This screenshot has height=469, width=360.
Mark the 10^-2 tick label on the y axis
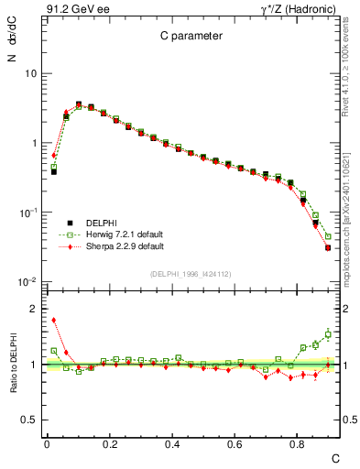click(27, 282)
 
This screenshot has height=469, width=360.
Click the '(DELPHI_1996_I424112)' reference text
click(189, 273)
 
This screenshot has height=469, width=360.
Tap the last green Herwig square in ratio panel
click(328, 333)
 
